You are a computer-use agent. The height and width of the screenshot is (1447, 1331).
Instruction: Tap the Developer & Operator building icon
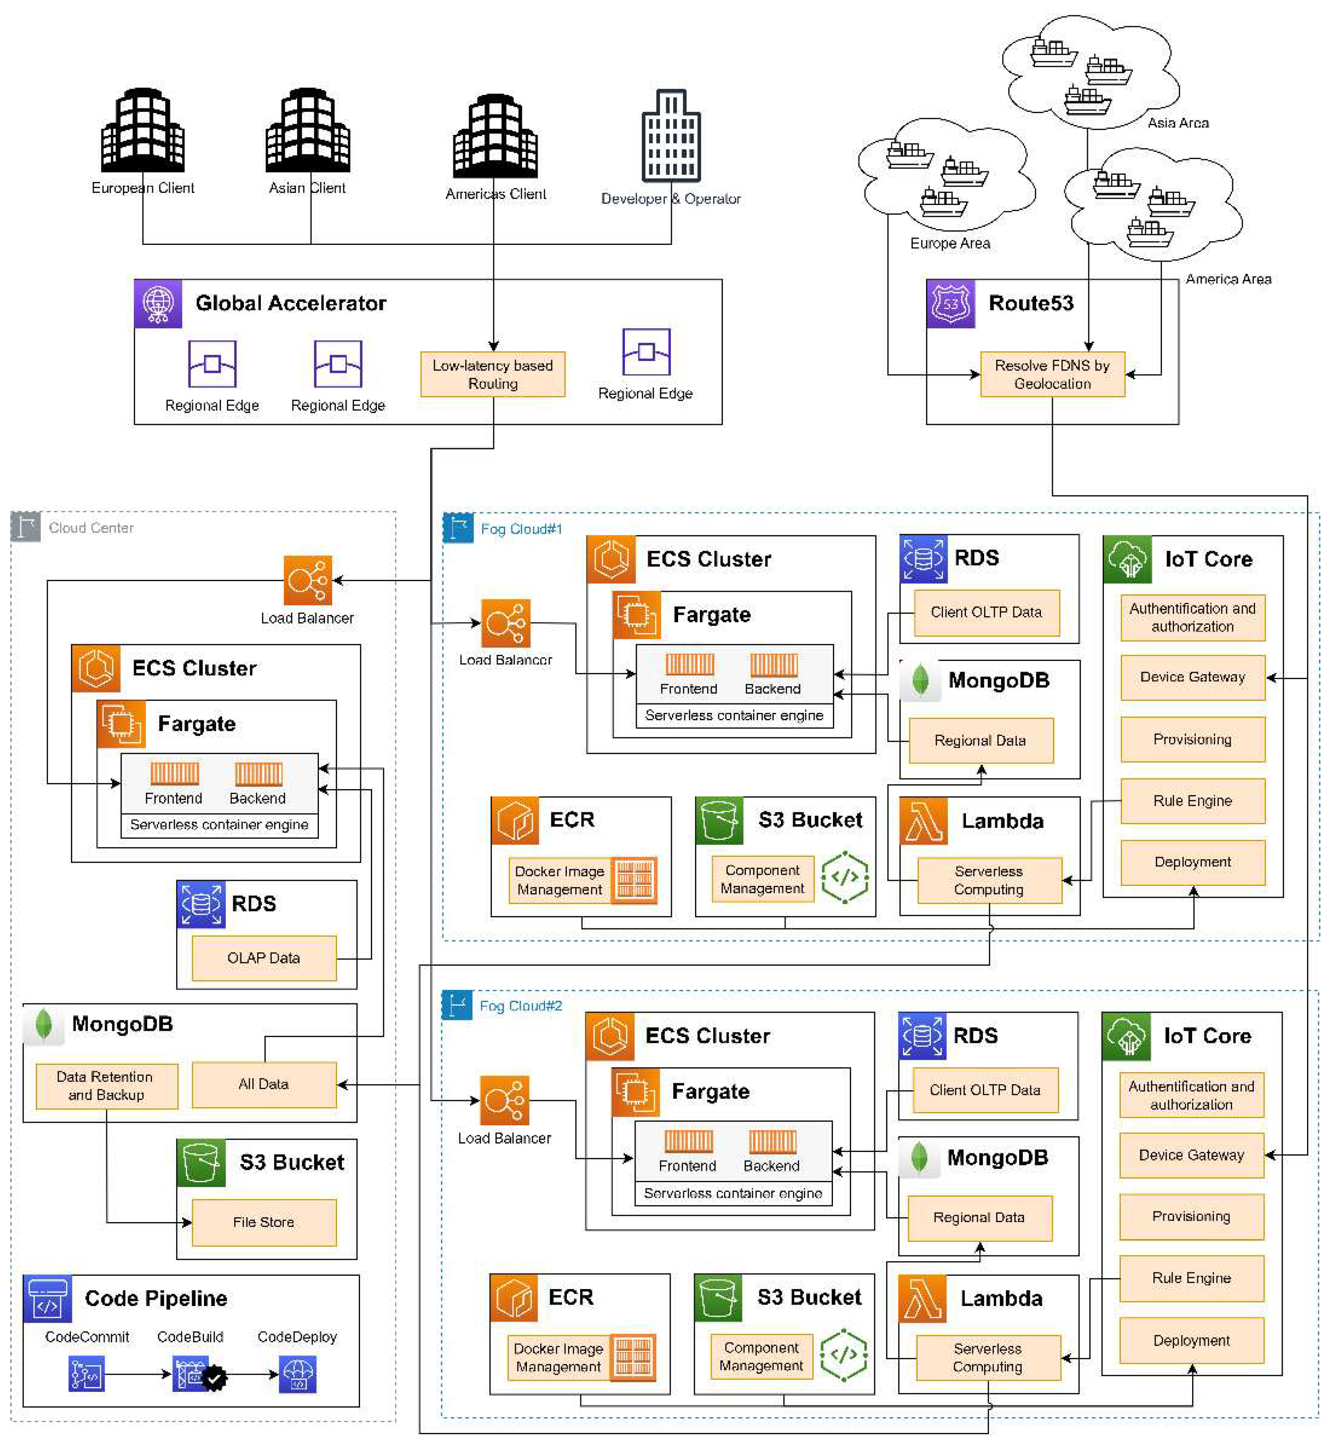(x=671, y=135)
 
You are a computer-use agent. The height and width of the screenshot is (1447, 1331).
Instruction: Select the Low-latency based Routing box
(x=493, y=374)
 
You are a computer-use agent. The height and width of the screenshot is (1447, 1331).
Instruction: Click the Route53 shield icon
(x=950, y=304)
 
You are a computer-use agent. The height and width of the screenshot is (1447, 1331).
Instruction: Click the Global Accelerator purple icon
(x=158, y=304)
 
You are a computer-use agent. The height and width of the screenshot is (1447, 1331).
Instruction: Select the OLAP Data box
(x=263, y=958)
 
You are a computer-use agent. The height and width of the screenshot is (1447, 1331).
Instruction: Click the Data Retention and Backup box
(x=106, y=1085)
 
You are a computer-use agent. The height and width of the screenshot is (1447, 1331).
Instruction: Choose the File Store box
(x=263, y=1222)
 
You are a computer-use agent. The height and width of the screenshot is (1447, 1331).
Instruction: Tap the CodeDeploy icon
(x=298, y=1374)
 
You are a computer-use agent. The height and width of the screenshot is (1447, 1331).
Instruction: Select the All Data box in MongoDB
(x=263, y=1084)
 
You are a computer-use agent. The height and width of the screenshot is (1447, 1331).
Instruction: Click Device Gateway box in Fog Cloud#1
(x=1192, y=677)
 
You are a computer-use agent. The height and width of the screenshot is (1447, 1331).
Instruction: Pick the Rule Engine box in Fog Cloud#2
(x=1191, y=1278)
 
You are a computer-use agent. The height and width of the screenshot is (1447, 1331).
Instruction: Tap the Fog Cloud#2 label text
(x=521, y=1006)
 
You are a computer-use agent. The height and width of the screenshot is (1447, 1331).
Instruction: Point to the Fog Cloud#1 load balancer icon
(x=506, y=623)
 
